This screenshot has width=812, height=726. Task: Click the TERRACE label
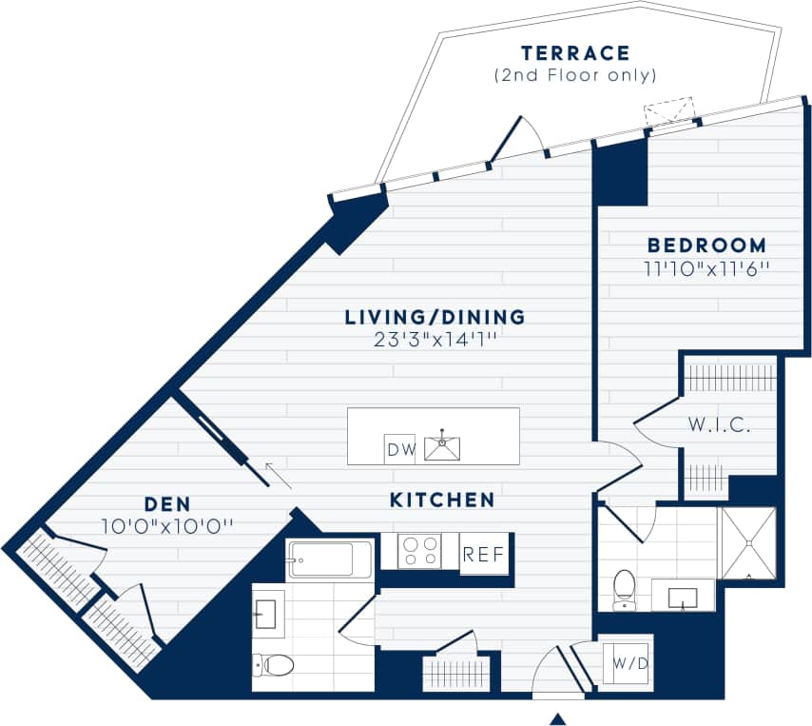[x=574, y=53]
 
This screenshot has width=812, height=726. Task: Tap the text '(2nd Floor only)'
[x=574, y=75]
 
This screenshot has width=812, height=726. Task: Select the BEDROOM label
[x=706, y=245]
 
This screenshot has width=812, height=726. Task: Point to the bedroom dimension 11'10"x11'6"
[x=706, y=268]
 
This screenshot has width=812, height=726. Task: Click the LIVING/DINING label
[x=435, y=317]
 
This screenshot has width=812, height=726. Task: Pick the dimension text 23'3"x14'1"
[x=435, y=340]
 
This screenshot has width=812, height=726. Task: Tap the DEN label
[x=167, y=503]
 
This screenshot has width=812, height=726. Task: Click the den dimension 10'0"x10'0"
[x=167, y=525]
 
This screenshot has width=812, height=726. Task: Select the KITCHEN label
[x=442, y=500]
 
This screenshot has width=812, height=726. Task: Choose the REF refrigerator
[x=483, y=554]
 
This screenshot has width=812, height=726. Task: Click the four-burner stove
[x=419, y=551]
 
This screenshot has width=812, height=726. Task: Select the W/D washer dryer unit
[x=629, y=662]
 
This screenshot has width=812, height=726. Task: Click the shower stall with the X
[x=747, y=543]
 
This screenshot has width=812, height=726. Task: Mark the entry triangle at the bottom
[x=558, y=718]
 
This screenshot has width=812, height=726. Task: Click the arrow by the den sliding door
[x=278, y=474]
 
